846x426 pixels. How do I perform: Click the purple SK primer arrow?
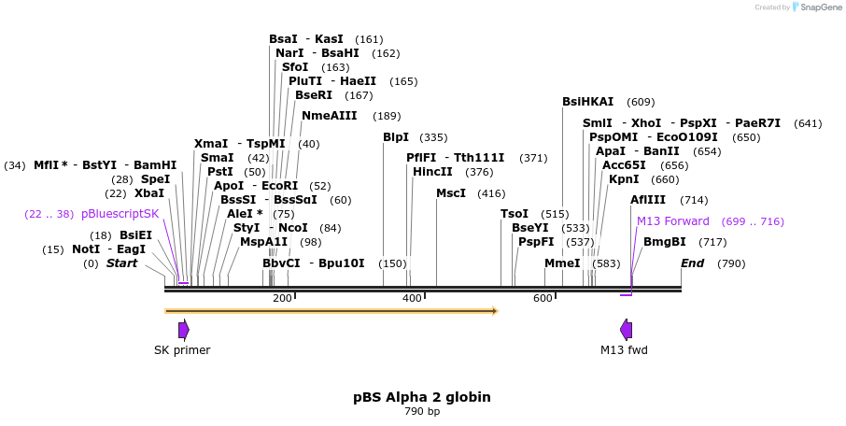(184, 329)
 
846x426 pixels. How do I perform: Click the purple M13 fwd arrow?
(626, 329)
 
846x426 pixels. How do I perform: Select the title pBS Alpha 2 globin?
(422, 397)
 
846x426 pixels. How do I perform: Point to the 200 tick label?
(282, 298)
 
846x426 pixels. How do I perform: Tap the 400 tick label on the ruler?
(412, 298)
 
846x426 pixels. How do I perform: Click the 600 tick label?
(543, 298)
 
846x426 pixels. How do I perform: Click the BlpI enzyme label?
(396, 137)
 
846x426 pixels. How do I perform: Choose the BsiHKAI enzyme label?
(588, 102)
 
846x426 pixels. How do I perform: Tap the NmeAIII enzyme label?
(330, 116)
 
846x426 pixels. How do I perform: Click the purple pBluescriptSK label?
(120, 214)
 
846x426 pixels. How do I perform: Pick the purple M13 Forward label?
(672, 221)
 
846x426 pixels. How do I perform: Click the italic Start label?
(121, 263)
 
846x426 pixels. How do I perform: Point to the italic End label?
(692, 263)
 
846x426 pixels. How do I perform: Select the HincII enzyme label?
(433, 172)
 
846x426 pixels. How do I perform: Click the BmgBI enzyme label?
(665, 242)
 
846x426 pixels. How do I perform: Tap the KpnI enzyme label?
(624, 179)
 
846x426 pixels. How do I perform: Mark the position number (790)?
(731, 263)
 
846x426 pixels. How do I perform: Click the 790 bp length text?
(422, 412)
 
